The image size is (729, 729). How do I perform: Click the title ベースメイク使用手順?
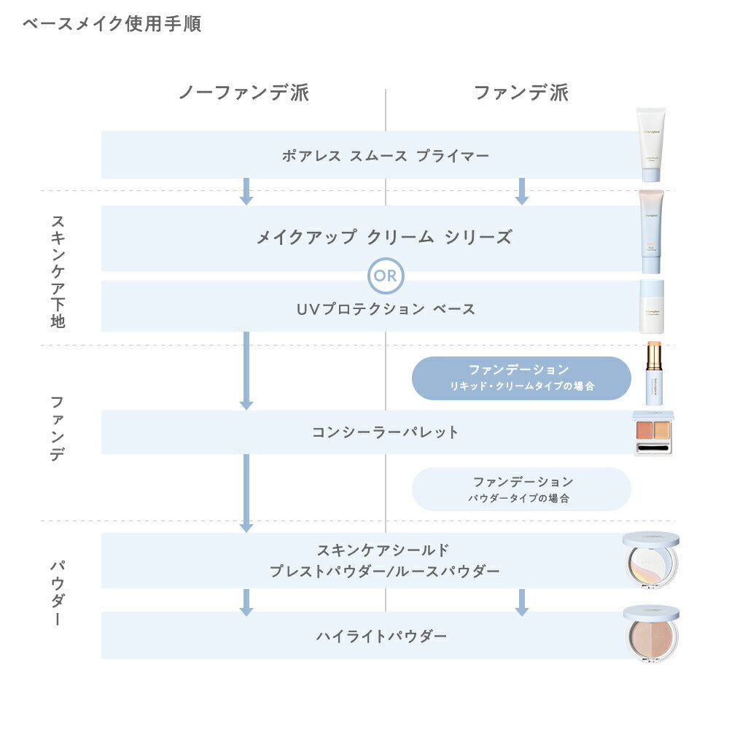click(112, 24)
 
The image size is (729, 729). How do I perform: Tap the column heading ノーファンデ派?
click(244, 93)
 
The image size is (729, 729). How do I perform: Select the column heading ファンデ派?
click(521, 93)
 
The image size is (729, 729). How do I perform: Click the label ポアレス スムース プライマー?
click(385, 155)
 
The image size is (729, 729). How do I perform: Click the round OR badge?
click(386, 276)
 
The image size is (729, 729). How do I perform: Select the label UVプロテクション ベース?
click(385, 308)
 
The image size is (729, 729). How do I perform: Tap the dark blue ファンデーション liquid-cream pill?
click(521, 378)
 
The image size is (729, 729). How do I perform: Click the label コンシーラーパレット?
click(385, 432)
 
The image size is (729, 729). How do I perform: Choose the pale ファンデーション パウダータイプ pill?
click(521, 489)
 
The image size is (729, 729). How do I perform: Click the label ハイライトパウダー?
click(381, 636)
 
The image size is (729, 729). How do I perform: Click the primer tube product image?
click(650, 144)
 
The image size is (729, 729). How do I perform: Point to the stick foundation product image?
click(652, 373)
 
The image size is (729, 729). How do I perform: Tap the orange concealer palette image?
click(654, 434)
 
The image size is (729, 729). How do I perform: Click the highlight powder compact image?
click(651, 634)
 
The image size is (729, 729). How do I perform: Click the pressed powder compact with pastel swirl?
click(651, 561)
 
